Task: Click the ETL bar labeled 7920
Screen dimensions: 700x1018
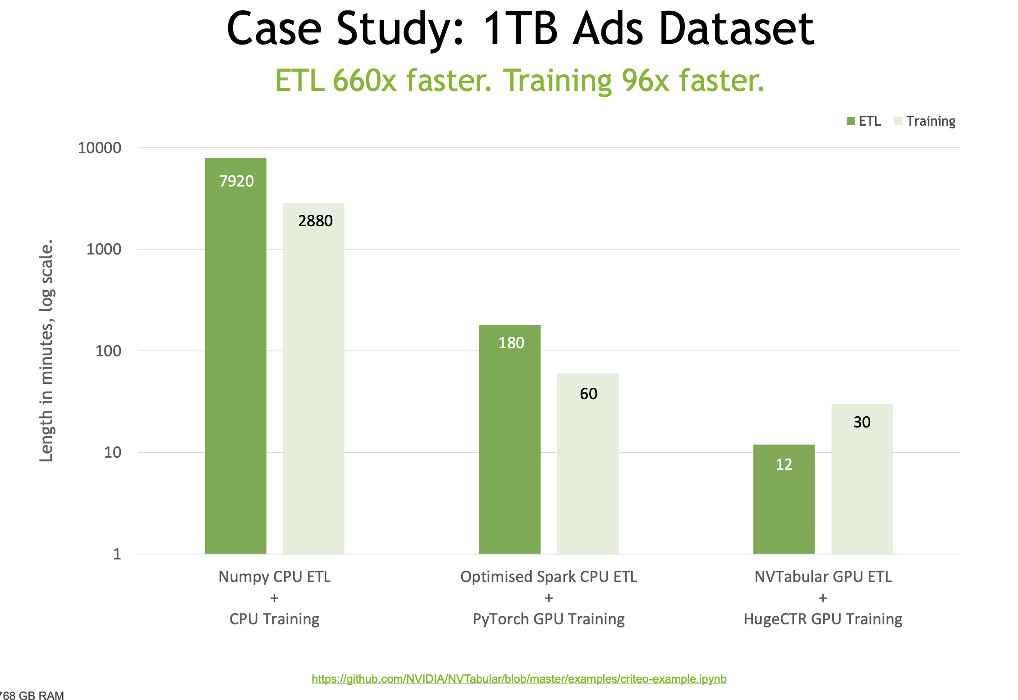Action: tap(235, 356)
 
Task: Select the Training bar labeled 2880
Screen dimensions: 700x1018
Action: tap(313, 378)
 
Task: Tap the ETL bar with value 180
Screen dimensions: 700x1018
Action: tap(509, 439)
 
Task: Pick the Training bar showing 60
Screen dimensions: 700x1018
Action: tap(587, 464)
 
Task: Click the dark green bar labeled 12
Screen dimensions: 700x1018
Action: tap(784, 499)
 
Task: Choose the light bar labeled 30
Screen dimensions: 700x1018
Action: tap(862, 479)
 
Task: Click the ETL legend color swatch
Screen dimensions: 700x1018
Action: tap(851, 121)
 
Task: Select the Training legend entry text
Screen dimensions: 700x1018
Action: tap(931, 121)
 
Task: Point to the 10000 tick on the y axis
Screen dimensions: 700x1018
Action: tap(99, 148)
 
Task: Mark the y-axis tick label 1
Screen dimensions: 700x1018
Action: tap(117, 554)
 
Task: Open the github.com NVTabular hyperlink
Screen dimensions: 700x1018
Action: tap(519, 679)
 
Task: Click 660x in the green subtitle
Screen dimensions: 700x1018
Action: tap(364, 81)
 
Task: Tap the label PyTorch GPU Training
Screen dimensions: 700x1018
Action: tap(548, 619)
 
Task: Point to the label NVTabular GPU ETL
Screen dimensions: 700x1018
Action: tap(823, 577)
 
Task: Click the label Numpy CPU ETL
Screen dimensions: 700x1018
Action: tap(274, 577)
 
